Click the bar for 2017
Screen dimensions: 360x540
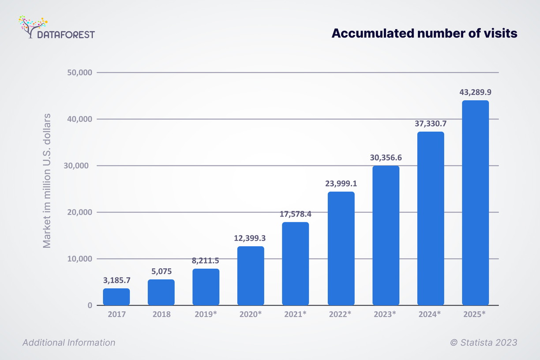(116, 296)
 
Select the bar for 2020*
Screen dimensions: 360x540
(251, 276)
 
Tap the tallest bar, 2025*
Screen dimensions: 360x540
(475, 203)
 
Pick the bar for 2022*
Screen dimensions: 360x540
(341, 248)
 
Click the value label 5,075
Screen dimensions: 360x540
(161, 271)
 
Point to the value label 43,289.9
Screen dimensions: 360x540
(475, 93)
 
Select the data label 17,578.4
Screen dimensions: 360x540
(296, 214)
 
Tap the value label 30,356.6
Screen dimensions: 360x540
(386, 157)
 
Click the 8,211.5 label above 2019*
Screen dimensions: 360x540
(206, 260)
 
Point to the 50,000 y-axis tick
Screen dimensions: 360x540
(79, 72)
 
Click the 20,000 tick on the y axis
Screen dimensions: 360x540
(79, 212)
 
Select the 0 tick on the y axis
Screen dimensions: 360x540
(89, 305)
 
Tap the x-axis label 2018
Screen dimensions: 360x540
(161, 315)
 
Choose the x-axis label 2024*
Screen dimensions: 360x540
(430, 315)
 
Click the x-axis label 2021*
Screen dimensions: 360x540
(296, 315)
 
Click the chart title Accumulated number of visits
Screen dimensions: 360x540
(424, 34)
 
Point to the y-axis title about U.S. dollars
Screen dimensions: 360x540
(47, 181)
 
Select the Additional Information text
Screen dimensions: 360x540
(69, 343)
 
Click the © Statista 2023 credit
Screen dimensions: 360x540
(484, 343)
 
